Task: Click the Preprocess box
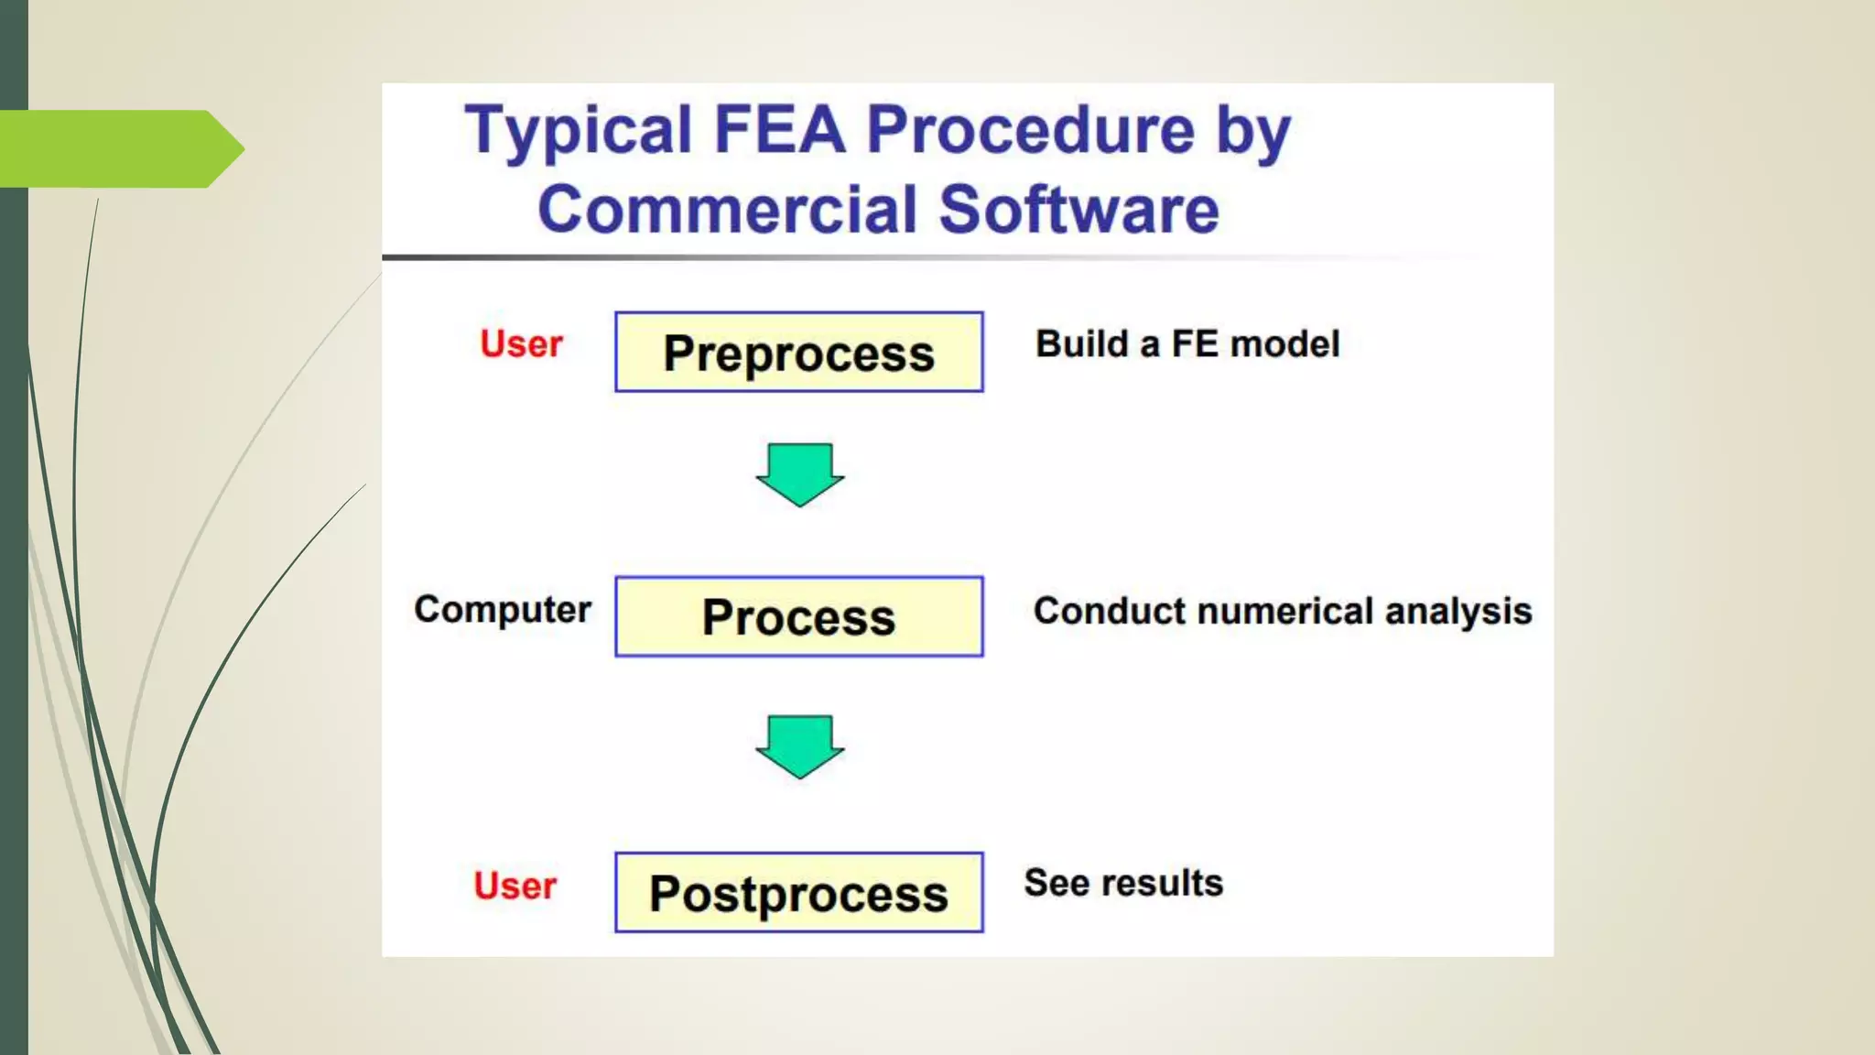798,353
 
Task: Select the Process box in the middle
798,616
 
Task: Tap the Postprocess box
798,893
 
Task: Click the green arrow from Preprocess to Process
799,473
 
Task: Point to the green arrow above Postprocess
799,745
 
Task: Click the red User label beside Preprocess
521,344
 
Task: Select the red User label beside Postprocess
515,886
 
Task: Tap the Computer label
503,610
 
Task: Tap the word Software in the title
1079,210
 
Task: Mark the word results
1162,883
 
